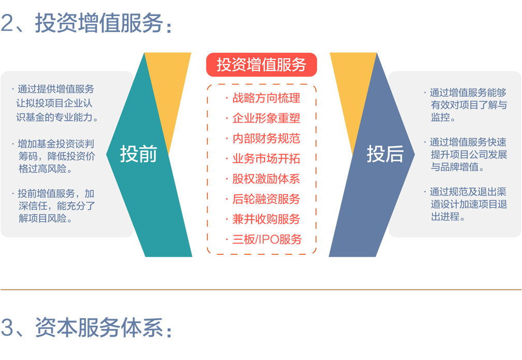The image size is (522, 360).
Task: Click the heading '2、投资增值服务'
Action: tap(86, 23)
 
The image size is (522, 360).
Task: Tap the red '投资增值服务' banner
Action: tap(262, 65)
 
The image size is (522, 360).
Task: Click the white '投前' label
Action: tap(138, 154)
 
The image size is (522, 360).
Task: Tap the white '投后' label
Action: tap(385, 154)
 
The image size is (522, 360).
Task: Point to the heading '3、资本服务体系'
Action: tap(86, 327)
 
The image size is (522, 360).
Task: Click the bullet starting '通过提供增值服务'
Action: tap(55, 103)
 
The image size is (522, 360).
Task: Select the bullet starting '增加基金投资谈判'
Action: tap(54, 156)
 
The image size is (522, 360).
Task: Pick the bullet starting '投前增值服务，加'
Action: tap(54, 206)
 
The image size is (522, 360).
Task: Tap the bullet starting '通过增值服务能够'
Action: tap(466, 105)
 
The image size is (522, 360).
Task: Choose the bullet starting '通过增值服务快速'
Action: tap(466, 154)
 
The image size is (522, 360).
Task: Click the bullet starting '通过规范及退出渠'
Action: tap(466, 204)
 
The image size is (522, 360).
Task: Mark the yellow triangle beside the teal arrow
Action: tap(168, 87)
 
